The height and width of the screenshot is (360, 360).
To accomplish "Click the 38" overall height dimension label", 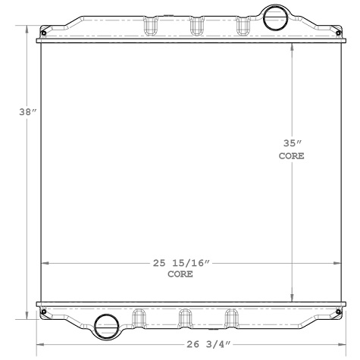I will (x=27, y=112).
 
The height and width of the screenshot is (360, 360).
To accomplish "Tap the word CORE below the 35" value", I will (x=292, y=156).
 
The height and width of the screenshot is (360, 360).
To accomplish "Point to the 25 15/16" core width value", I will (x=180, y=262).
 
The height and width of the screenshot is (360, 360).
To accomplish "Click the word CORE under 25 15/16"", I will (x=180, y=274).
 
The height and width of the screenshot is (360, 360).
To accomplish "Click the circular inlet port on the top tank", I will (x=272, y=16).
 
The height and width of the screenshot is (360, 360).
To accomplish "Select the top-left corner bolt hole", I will (x=44, y=32).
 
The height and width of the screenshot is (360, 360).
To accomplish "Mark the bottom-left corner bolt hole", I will (x=44, y=310).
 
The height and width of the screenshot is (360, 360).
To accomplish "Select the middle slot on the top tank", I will (x=197, y=26).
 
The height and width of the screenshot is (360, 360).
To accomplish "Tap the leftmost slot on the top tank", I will (x=150, y=26).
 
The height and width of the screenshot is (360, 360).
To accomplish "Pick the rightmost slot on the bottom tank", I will (x=229, y=317).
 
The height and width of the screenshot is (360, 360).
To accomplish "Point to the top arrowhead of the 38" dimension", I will (x=29, y=29).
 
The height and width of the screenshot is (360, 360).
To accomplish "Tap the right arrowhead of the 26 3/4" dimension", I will (x=339, y=343).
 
